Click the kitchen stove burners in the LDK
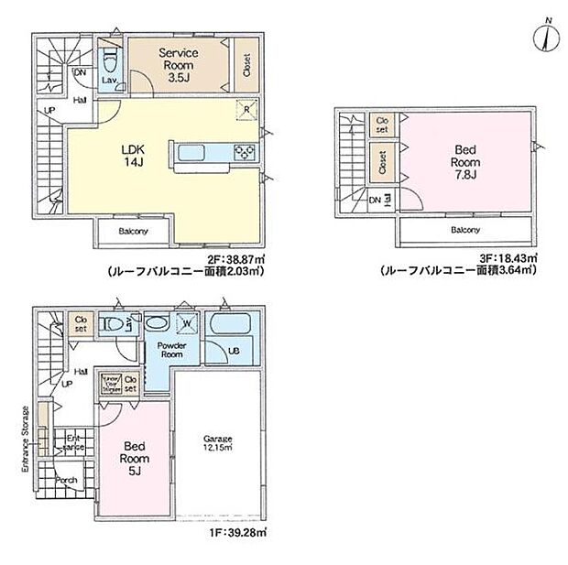pos(245,151)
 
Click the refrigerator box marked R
pos(246,108)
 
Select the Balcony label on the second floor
pos(133,232)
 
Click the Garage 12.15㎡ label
pos(218,443)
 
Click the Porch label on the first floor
pos(66,480)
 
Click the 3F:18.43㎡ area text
pos(503,260)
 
